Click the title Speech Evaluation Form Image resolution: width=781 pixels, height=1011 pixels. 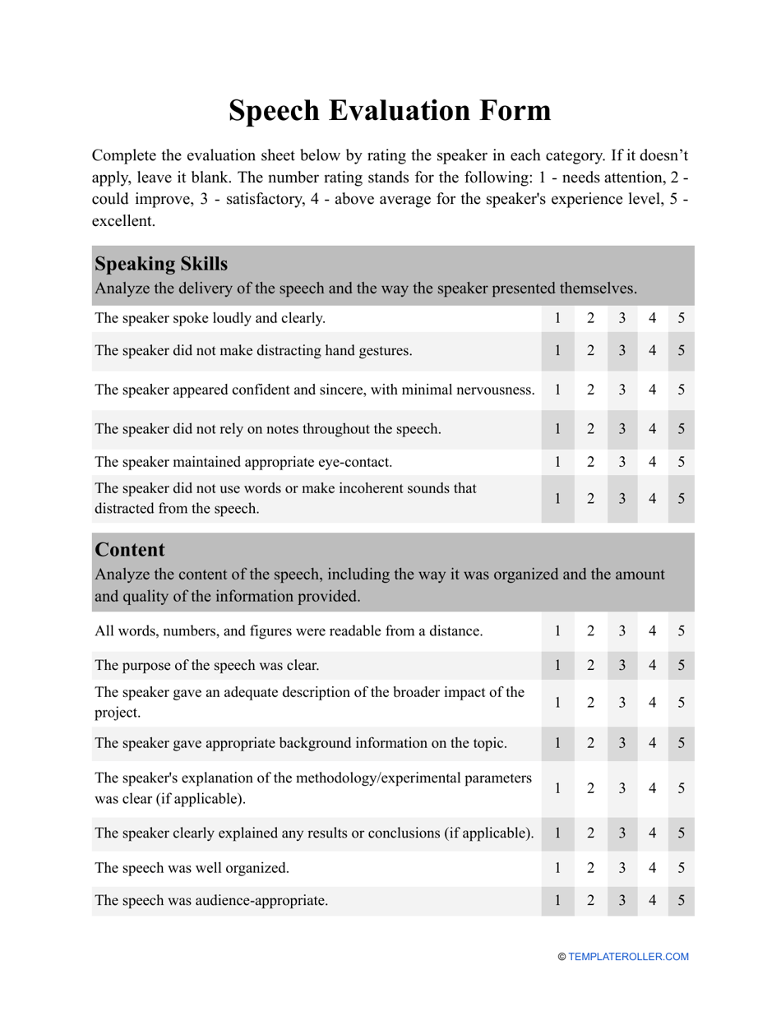(x=390, y=110)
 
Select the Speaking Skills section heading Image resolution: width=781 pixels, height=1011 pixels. (x=161, y=264)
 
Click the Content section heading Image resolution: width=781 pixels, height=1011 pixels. (x=130, y=549)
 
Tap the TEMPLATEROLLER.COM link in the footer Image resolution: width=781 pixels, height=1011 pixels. (x=628, y=957)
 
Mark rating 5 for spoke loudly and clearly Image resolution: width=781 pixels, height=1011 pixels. (x=682, y=318)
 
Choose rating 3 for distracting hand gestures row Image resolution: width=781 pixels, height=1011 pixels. (x=622, y=351)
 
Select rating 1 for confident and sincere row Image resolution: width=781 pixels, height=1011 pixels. (x=557, y=390)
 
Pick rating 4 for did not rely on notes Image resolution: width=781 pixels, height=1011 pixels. (x=652, y=429)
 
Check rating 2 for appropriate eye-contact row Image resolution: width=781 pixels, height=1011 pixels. (x=589, y=462)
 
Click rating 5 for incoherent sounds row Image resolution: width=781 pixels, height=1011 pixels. (x=682, y=498)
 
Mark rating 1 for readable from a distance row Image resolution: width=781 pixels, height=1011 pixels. (x=557, y=631)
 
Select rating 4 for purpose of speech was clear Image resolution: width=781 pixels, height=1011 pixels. (x=652, y=665)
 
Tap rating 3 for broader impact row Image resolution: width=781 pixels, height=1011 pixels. (x=622, y=703)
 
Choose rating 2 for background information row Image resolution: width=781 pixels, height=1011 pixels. (x=589, y=743)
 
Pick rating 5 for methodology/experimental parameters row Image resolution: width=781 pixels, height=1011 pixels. (x=682, y=787)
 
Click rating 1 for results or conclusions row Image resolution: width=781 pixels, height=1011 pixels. (x=557, y=833)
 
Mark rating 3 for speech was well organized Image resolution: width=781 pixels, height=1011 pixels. (x=622, y=866)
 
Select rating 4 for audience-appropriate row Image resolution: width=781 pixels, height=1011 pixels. (x=652, y=900)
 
